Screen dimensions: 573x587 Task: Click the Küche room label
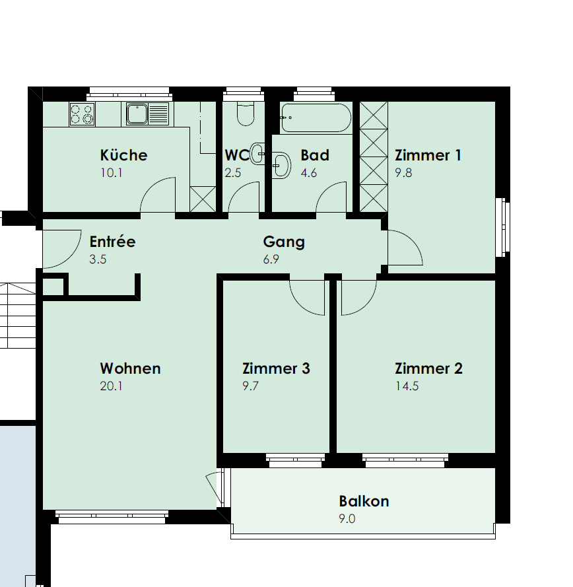point(123,155)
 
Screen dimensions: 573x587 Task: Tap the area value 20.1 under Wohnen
point(111,386)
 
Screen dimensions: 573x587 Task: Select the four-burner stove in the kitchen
point(82,114)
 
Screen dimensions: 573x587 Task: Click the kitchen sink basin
point(137,114)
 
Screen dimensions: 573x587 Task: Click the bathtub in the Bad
point(316,118)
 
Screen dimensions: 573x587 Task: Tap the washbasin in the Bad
point(281,165)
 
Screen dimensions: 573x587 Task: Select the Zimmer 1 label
point(428,155)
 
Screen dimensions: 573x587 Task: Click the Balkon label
point(364,501)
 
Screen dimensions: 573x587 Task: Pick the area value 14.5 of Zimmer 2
point(407,386)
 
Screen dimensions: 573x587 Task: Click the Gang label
point(284,242)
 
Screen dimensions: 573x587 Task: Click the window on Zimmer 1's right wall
point(502,228)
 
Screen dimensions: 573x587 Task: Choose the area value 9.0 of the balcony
point(347,519)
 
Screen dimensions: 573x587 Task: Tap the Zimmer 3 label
point(276,368)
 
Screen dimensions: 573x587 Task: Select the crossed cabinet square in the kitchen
point(203,199)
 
